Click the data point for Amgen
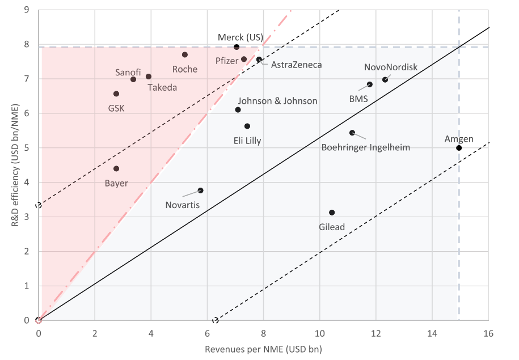459,148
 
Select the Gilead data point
332,213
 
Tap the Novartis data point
200,190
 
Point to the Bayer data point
116,168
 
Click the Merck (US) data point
237,47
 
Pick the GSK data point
116,94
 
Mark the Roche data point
185,55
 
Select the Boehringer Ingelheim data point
352,133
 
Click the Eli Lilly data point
247,126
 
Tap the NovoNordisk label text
391,67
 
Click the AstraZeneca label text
296,65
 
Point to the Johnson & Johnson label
277,101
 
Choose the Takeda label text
162,87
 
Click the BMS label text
358,99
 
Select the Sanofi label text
128,73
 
